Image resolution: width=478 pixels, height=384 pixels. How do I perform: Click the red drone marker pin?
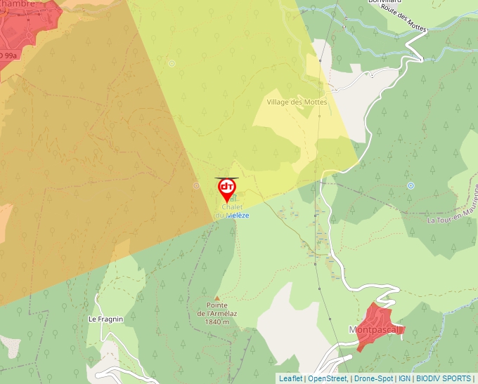pos(226,188)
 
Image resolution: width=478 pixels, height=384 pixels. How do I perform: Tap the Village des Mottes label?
pos(297,102)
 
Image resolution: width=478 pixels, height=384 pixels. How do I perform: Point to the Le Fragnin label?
pos(105,319)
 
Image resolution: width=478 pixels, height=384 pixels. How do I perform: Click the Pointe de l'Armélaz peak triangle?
pos(217,298)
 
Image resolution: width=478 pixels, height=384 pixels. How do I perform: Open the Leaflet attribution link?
pos(290,378)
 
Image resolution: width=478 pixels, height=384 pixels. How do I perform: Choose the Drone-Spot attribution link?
pos(373,378)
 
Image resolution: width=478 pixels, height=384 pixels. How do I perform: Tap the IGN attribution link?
pos(405,378)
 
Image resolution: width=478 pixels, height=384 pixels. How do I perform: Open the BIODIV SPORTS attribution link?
pos(443,378)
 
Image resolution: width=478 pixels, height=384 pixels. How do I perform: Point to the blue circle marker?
pos(411,185)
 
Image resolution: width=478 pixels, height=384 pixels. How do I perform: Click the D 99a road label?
pos(8,55)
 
